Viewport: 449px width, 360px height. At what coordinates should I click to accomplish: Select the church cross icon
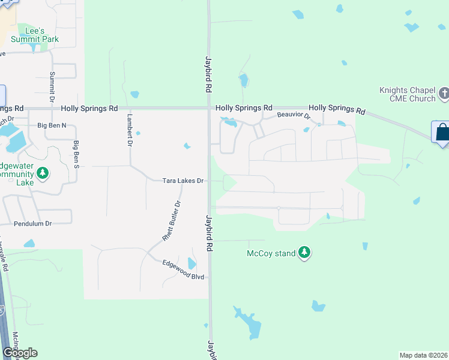(x=444, y=93)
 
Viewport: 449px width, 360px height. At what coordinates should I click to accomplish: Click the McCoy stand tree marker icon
(x=305, y=253)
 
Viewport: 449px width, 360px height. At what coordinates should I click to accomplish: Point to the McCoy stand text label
(x=271, y=253)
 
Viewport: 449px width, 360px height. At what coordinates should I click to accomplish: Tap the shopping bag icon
(x=441, y=132)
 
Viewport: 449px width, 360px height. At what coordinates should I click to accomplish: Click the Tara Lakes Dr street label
(x=184, y=181)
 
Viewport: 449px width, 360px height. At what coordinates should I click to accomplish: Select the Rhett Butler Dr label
(x=172, y=221)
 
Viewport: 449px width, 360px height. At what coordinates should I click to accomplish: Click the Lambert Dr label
(x=129, y=129)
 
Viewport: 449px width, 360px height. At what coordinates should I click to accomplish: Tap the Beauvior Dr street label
(x=293, y=115)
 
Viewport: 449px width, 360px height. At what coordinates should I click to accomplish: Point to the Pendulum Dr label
(x=33, y=223)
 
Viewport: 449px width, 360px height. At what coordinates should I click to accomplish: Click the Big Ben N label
(x=52, y=125)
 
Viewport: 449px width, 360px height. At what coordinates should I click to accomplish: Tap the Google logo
(x=20, y=353)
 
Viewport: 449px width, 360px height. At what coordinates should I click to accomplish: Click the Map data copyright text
(x=423, y=355)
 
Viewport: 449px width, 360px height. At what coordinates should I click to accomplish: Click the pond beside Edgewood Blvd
(x=191, y=263)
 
